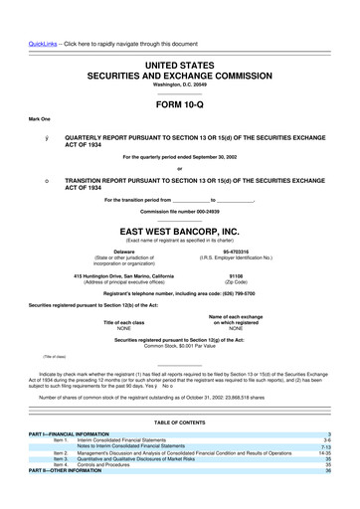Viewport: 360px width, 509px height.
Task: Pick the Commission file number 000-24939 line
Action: point(179,185)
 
